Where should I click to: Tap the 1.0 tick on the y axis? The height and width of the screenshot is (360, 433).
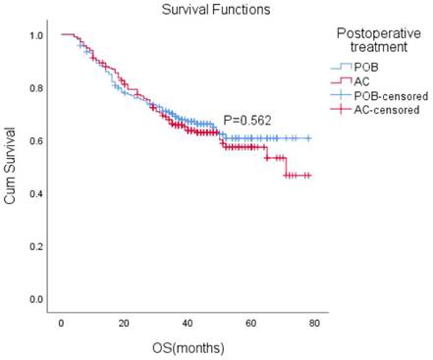[36, 35]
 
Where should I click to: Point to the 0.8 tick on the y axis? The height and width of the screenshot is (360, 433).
[36, 88]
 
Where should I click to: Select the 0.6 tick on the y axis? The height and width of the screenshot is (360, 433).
[36, 141]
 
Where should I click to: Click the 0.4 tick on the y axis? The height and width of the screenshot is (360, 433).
[36, 193]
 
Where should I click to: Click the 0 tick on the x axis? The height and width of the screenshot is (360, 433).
[61, 322]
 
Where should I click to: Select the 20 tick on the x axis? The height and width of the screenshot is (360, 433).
[124, 322]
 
